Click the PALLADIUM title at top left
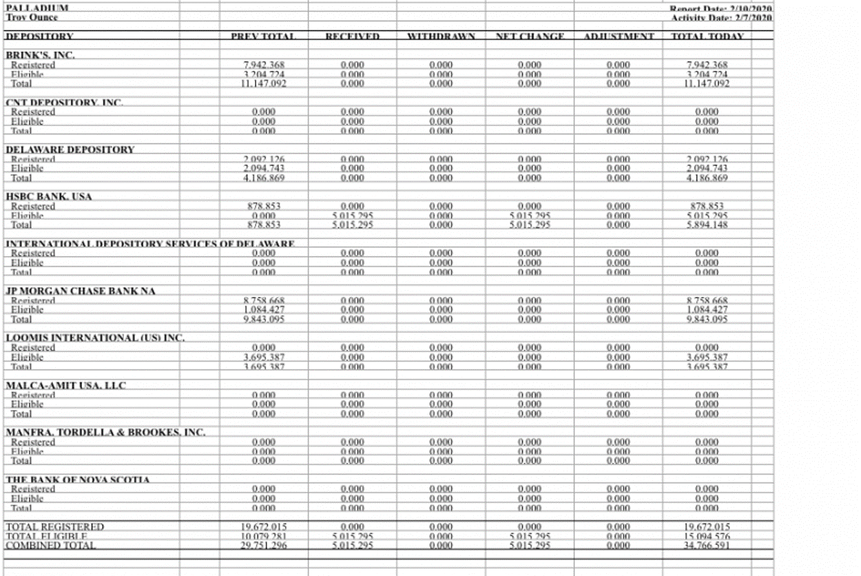point(37,8)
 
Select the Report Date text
point(721,8)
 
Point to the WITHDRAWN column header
point(442,36)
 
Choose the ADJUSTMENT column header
point(619,36)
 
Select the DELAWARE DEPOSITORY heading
point(70,149)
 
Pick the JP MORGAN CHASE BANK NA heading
point(81,291)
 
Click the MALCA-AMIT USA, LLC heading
point(66,385)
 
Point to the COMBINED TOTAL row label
point(50,545)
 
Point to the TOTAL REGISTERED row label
point(54,527)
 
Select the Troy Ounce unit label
point(32,17)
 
